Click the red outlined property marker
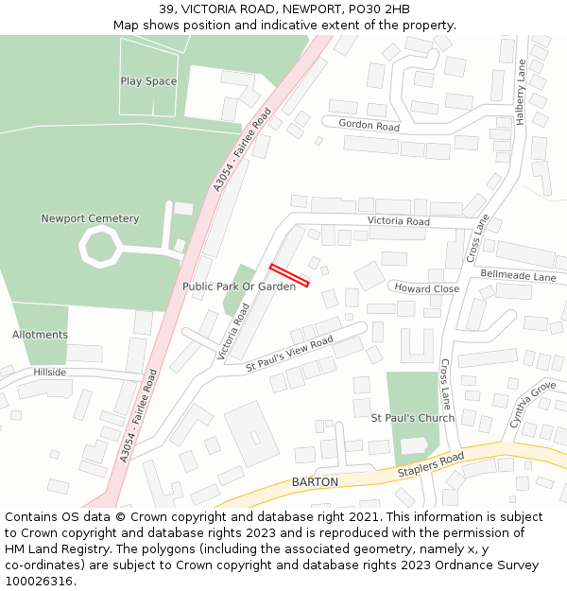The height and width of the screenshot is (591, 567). click(x=289, y=274)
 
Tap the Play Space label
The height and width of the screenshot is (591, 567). click(x=148, y=81)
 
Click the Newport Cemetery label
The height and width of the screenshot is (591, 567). click(x=90, y=218)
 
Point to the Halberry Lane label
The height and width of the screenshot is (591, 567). click(x=520, y=88)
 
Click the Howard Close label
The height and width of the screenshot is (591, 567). click(x=426, y=288)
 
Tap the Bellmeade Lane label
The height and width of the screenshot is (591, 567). click(x=518, y=276)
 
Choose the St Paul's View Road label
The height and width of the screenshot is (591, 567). click(x=289, y=354)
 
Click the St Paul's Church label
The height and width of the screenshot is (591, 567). click(x=412, y=417)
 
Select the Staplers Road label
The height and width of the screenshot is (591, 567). click(x=431, y=464)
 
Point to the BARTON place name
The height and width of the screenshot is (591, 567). click(x=315, y=482)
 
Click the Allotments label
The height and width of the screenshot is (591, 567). click(x=40, y=335)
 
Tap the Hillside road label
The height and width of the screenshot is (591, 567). click(x=50, y=373)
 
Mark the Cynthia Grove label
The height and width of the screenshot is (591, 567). click(x=532, y=405)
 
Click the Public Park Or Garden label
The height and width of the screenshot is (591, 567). click(x=239, y=287)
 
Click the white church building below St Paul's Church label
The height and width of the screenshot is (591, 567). click(x=414, y=445)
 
